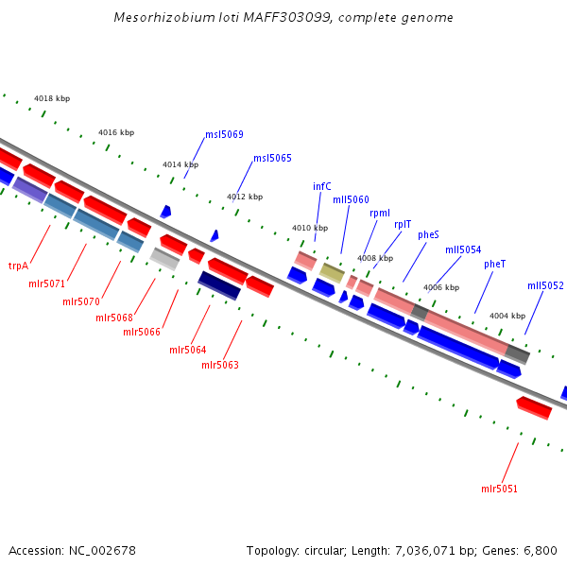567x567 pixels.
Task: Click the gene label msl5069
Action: (x=224, y=134)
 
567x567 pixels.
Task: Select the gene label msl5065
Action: (x=272, y=158)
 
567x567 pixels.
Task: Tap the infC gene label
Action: (x=322, y=186)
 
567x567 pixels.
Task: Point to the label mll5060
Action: (x=351, y=199)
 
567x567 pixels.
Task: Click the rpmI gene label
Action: (x=380, y=213)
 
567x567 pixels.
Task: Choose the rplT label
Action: (x=403, y=224)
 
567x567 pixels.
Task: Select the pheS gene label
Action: (x=428, y=234)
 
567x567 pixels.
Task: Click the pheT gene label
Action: (x=495, y=264)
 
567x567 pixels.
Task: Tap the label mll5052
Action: (x=545, y=285)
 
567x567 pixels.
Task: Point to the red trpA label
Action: (x=18, y=266)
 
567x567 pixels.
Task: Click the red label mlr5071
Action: (x=46, y=283)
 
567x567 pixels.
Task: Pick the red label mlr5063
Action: (x=219, y=365)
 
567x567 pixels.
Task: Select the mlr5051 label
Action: (x=499, y=489)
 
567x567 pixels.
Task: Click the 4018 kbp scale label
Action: (x=52, y=98)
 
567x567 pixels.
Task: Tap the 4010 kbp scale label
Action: (x=310, y=228)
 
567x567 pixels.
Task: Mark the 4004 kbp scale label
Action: (x=507, y=316)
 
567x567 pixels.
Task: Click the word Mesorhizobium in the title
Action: (x=158, y=17)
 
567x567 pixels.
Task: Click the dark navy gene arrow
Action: (x=219, y=284)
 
